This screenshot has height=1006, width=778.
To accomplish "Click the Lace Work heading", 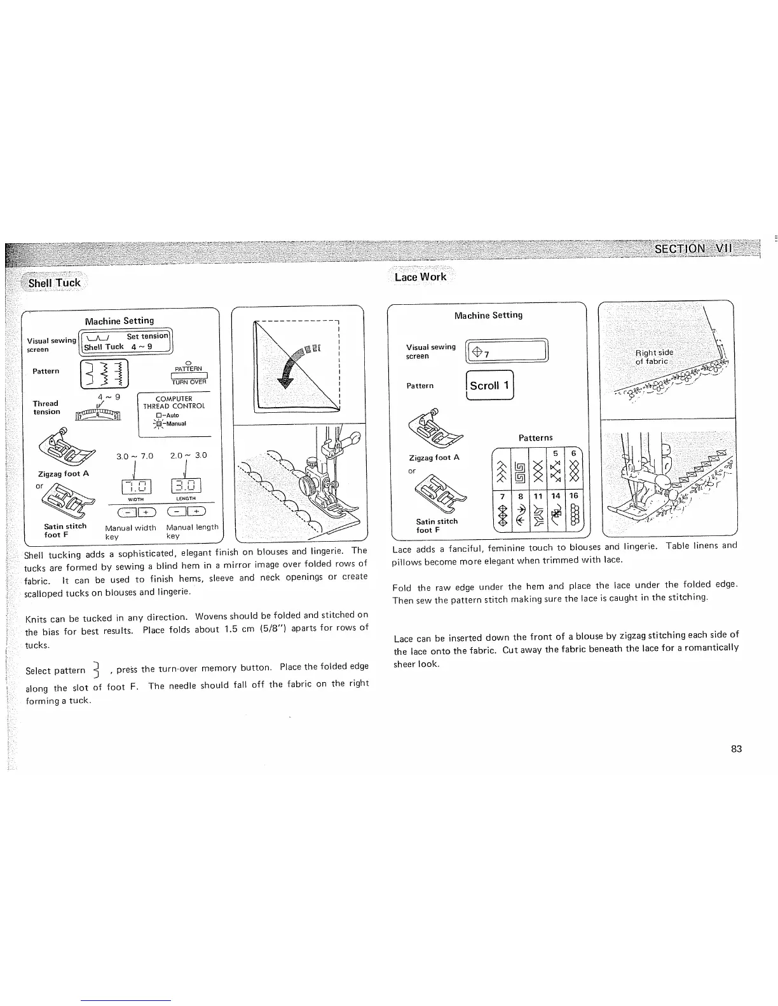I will [x=420, y=277].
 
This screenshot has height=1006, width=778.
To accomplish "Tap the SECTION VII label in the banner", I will [x=693, y=248].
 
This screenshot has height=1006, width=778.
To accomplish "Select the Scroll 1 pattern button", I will [x=489, y=386].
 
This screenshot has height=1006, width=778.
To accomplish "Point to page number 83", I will [x=736, y=749].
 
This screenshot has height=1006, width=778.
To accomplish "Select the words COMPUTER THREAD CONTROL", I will [x=174, y=402].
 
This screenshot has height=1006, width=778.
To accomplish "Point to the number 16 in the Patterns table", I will [x=573, y=496].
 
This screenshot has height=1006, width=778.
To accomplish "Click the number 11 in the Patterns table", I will [x=538, y=496].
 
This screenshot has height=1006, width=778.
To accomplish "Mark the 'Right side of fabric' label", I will [x=654, y=357].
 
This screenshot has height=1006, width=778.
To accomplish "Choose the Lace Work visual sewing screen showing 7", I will [x=507, y=351].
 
